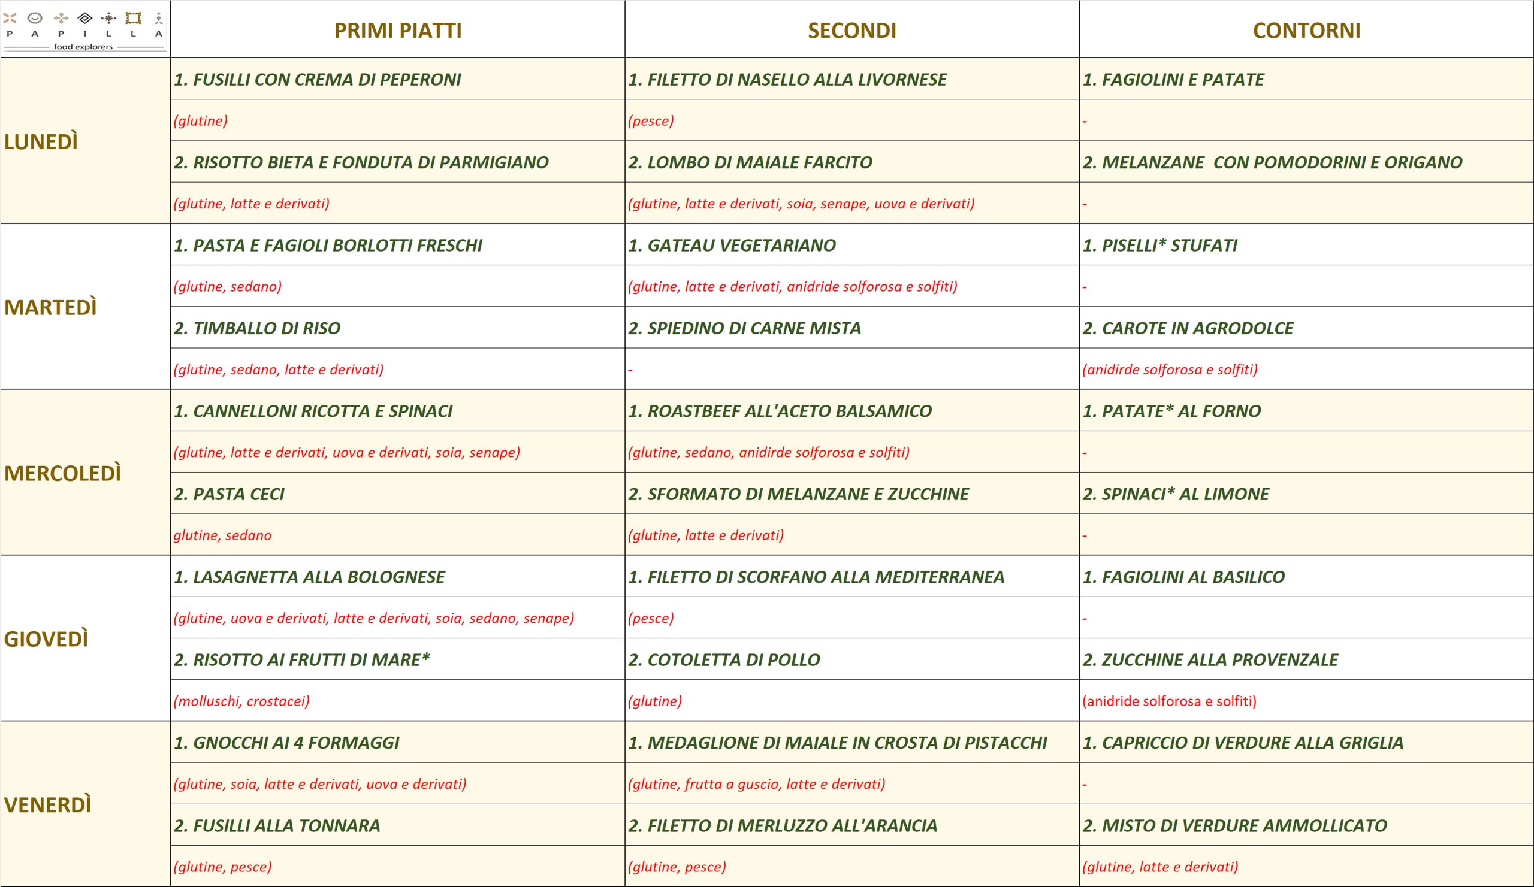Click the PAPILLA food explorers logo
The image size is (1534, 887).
tap(84, 29)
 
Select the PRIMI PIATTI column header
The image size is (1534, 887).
tap(398, 31)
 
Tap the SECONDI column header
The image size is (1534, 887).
tap(851, 31)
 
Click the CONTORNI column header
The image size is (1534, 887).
tap(1306, 31)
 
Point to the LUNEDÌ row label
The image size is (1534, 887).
tap(41, 142)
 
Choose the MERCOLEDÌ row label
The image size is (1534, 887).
tap(63, 473)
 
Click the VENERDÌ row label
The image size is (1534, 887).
tap(47, 805)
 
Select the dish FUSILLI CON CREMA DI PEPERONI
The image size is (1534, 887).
tap(317, 80)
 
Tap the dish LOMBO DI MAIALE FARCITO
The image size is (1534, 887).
tap(750, 162)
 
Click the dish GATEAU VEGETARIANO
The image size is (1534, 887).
tap(732, 245)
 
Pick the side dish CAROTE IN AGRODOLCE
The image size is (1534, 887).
tap(1188, 329)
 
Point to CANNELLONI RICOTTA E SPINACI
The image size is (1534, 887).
tap(313, 411)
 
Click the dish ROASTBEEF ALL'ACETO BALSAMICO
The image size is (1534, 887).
tap(780, 411)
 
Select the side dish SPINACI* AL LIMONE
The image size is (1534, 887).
tap(1176, 494)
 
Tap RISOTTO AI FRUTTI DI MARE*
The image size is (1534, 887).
tap(302, 660)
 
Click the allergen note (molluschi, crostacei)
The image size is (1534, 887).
tap(241, 701)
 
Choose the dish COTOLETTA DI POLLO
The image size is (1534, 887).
tap(724, 660)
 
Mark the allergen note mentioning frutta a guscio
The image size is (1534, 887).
tap(757, 783)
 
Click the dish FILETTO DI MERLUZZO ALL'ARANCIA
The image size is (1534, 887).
tap(782, 825)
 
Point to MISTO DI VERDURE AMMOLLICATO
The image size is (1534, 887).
tap(1234, 825)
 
